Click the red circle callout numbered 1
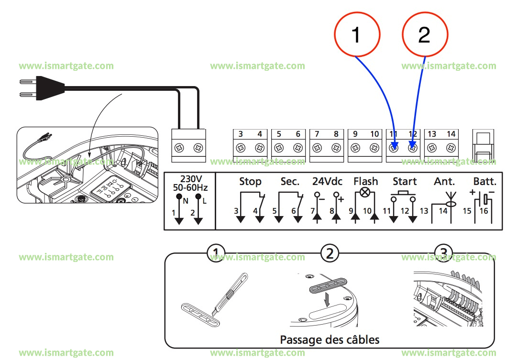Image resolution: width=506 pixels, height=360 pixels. [x=357, y=35]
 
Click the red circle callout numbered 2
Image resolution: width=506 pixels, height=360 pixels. [x=425, y=35]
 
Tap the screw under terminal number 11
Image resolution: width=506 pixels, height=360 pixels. [x=394, y=148]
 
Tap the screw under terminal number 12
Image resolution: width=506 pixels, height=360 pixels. [x=412, y=148]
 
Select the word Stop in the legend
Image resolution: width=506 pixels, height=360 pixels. [x=250, y=182]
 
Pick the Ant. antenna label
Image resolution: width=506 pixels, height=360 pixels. [x=444, y=182]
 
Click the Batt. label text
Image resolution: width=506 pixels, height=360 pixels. [x=484, y=182]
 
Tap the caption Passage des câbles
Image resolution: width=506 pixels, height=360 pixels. [x=330, y=340]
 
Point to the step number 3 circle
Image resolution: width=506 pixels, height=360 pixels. [x=443, y=252]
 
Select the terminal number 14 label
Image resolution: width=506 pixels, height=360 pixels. [x=451, y=134]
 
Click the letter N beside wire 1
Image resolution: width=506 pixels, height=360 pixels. [x=185, y=201]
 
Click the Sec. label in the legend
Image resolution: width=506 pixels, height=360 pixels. [x=290, y=182]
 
